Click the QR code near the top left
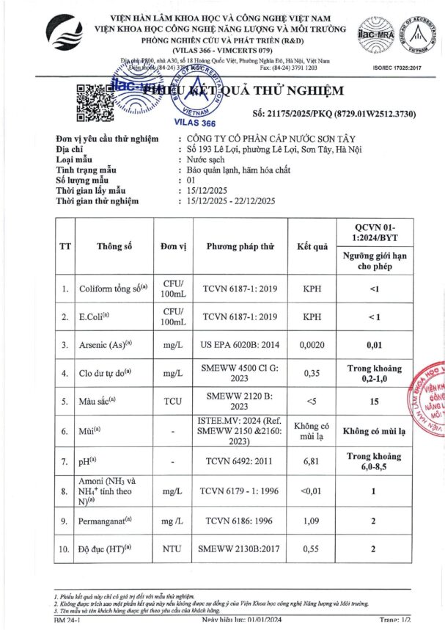pyautogui.click(x=92, y=102)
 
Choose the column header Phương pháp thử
pyautogui.click(x=240, y=246)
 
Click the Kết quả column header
pyautogui.click(x=312, y=246)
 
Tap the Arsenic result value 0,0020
pyautogui.click(x=312, y=344)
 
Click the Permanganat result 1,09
pyautogui.click(x=312, y=520)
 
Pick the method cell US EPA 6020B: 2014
pyautogui.click(x=240, y=344)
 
